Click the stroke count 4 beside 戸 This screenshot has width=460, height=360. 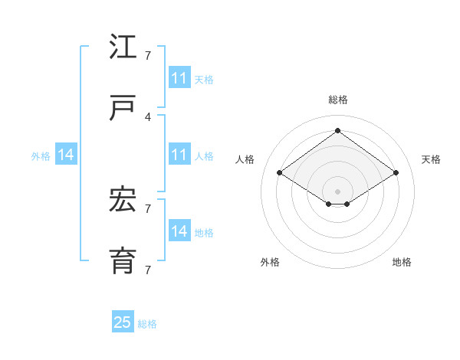(x=148, y=116)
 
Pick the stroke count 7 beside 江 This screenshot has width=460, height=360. (x=148, y=56)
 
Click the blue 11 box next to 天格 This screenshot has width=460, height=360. (x=179, y=78)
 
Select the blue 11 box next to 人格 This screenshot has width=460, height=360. (x=179, y=155)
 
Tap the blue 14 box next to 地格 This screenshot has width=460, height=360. (x=179, y=231)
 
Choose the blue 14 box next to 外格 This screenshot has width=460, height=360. (x=66, y=155)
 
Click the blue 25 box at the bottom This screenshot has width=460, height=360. (x=123, y=322)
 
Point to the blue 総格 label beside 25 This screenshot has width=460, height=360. (x=148, y=324)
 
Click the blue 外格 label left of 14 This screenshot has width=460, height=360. (x=41, y=156)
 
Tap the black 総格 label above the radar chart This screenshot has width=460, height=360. (x=338, y=100)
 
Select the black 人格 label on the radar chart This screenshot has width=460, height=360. (x=245, y=159)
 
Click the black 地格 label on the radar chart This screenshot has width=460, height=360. (x=402, y=263)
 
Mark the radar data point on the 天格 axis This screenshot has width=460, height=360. (x=396, y=173)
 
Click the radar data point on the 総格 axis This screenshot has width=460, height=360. (x=337, y=131)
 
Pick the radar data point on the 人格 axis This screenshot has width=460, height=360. (x=280, y=173)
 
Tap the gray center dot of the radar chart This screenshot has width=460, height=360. (x=337, y=190)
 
